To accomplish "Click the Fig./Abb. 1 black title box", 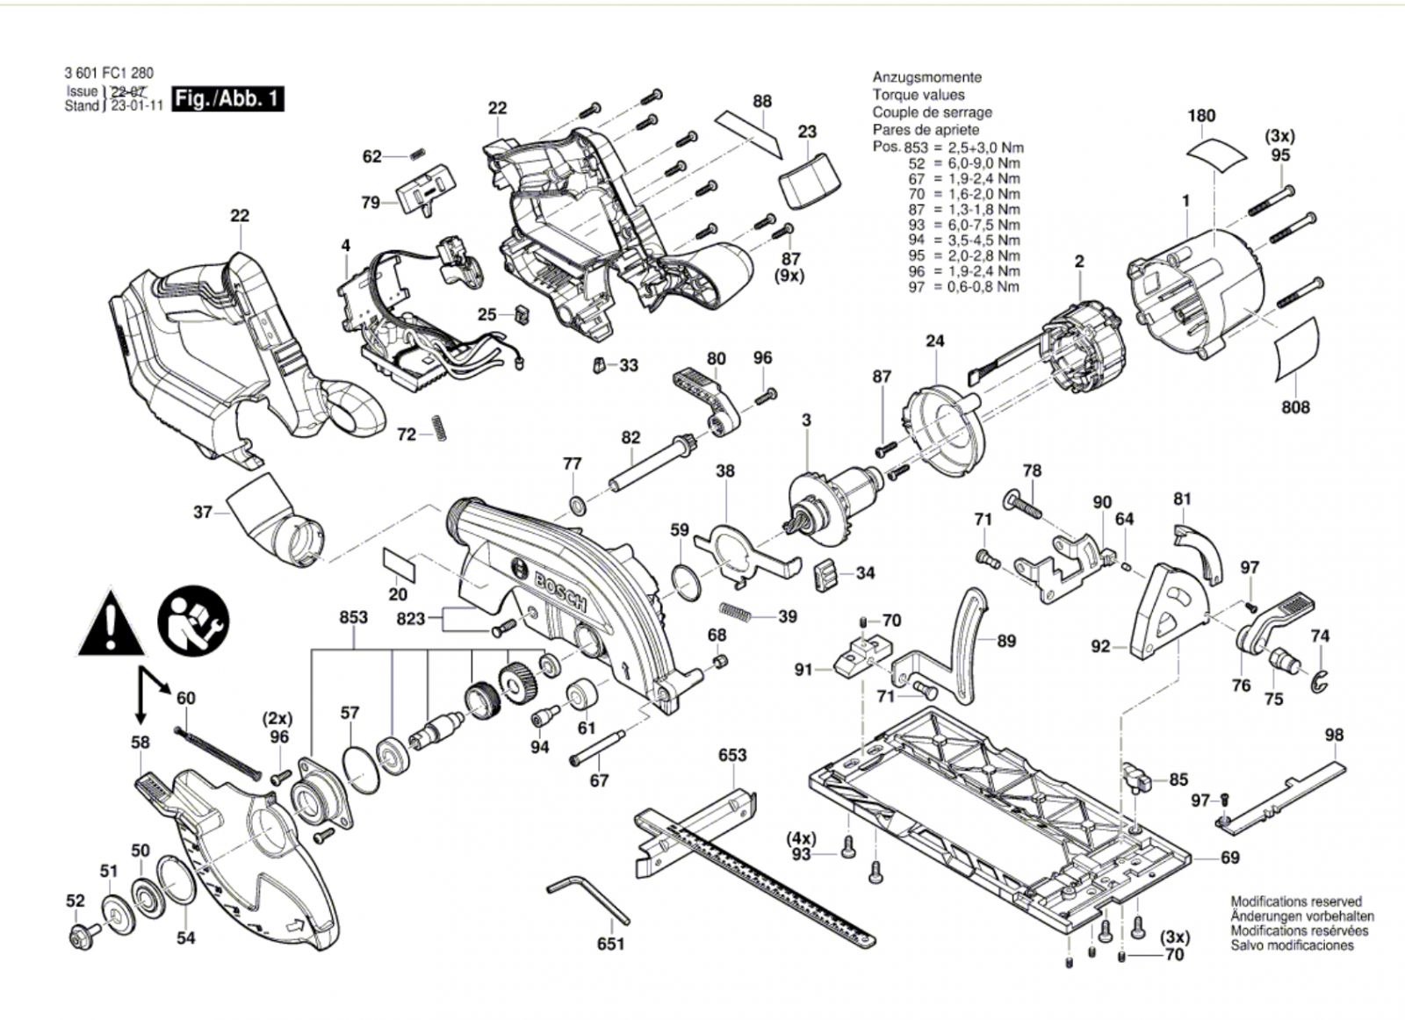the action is coord(227,99).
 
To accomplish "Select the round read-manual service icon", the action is coord(194,621).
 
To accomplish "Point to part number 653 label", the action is coord(732,755).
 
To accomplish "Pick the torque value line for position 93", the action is coord(963,225).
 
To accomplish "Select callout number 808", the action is coord(1295,407).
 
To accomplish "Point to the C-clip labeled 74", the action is coord(1319,681).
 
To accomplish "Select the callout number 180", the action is coord(1201,115).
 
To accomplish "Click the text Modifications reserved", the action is coord(1296,901).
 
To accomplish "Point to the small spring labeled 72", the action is coord(438,428).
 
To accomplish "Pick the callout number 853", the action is coord(353,617).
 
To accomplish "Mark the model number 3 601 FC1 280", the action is coord(109,74).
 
